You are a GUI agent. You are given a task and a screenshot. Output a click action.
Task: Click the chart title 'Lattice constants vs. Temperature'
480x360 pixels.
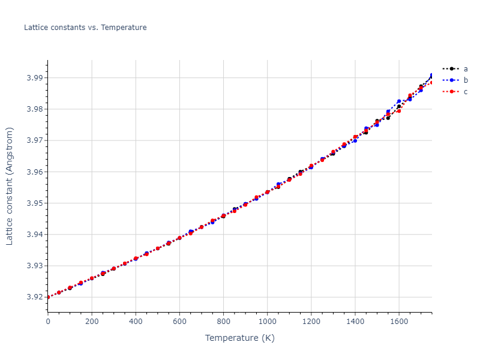(x=85, y=28)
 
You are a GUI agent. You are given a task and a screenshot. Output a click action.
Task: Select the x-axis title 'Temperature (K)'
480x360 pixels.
(x=239, y=338)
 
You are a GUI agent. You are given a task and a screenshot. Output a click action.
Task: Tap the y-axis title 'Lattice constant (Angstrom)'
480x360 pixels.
(x=10, y=187)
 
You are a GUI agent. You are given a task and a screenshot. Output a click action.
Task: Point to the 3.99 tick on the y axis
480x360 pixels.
(x=34, y=78)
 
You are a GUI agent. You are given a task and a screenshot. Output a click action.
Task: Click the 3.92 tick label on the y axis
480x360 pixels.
(x=34, y=297)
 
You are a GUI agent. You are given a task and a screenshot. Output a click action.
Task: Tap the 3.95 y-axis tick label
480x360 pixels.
(x=34, y=203)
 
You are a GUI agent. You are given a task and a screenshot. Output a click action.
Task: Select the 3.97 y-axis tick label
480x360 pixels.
(x=34, y=140)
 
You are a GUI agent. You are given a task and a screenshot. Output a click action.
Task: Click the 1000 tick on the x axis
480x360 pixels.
(x=267, y=322)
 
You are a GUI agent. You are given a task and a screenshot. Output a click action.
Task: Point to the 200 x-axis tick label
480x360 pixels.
(x=92, y=322)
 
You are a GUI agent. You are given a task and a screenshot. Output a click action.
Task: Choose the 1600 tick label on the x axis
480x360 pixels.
(x=399, y=322)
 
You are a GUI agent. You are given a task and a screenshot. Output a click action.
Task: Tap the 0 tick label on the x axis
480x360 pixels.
(x=48, y=322)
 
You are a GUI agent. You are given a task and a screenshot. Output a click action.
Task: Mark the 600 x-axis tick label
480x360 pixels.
(x=179, y=322)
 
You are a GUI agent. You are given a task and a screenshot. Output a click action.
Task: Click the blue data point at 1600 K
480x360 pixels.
(x=399, y=101)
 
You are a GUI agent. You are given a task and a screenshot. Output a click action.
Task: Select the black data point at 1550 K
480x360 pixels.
(x=388, y=118)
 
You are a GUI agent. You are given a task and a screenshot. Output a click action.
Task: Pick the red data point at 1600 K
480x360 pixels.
(x=399, y=110)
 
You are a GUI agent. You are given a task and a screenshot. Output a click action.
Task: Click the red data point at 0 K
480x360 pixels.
(x=48, y=297)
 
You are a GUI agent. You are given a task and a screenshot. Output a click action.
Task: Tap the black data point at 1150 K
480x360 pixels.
(x=300, y=172)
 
